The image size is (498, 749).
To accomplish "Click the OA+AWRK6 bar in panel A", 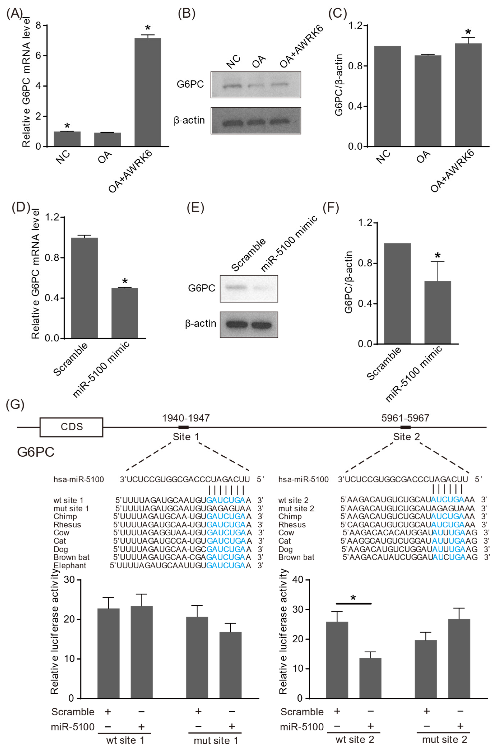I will [x=148, y=92].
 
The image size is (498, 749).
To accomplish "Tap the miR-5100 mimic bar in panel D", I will [x=125, y=313].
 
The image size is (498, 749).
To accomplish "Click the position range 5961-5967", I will [x=405, y=418].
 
